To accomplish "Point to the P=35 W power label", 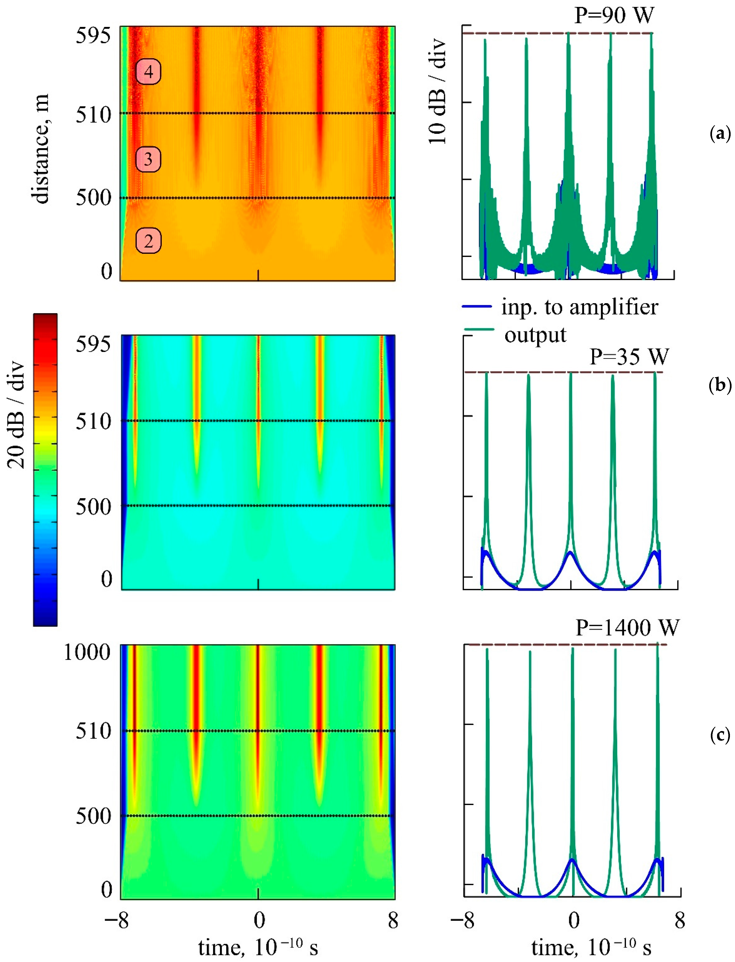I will tap(629, 357).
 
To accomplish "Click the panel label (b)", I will tap(720, 385).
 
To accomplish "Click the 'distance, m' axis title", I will tap(40, 149).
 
